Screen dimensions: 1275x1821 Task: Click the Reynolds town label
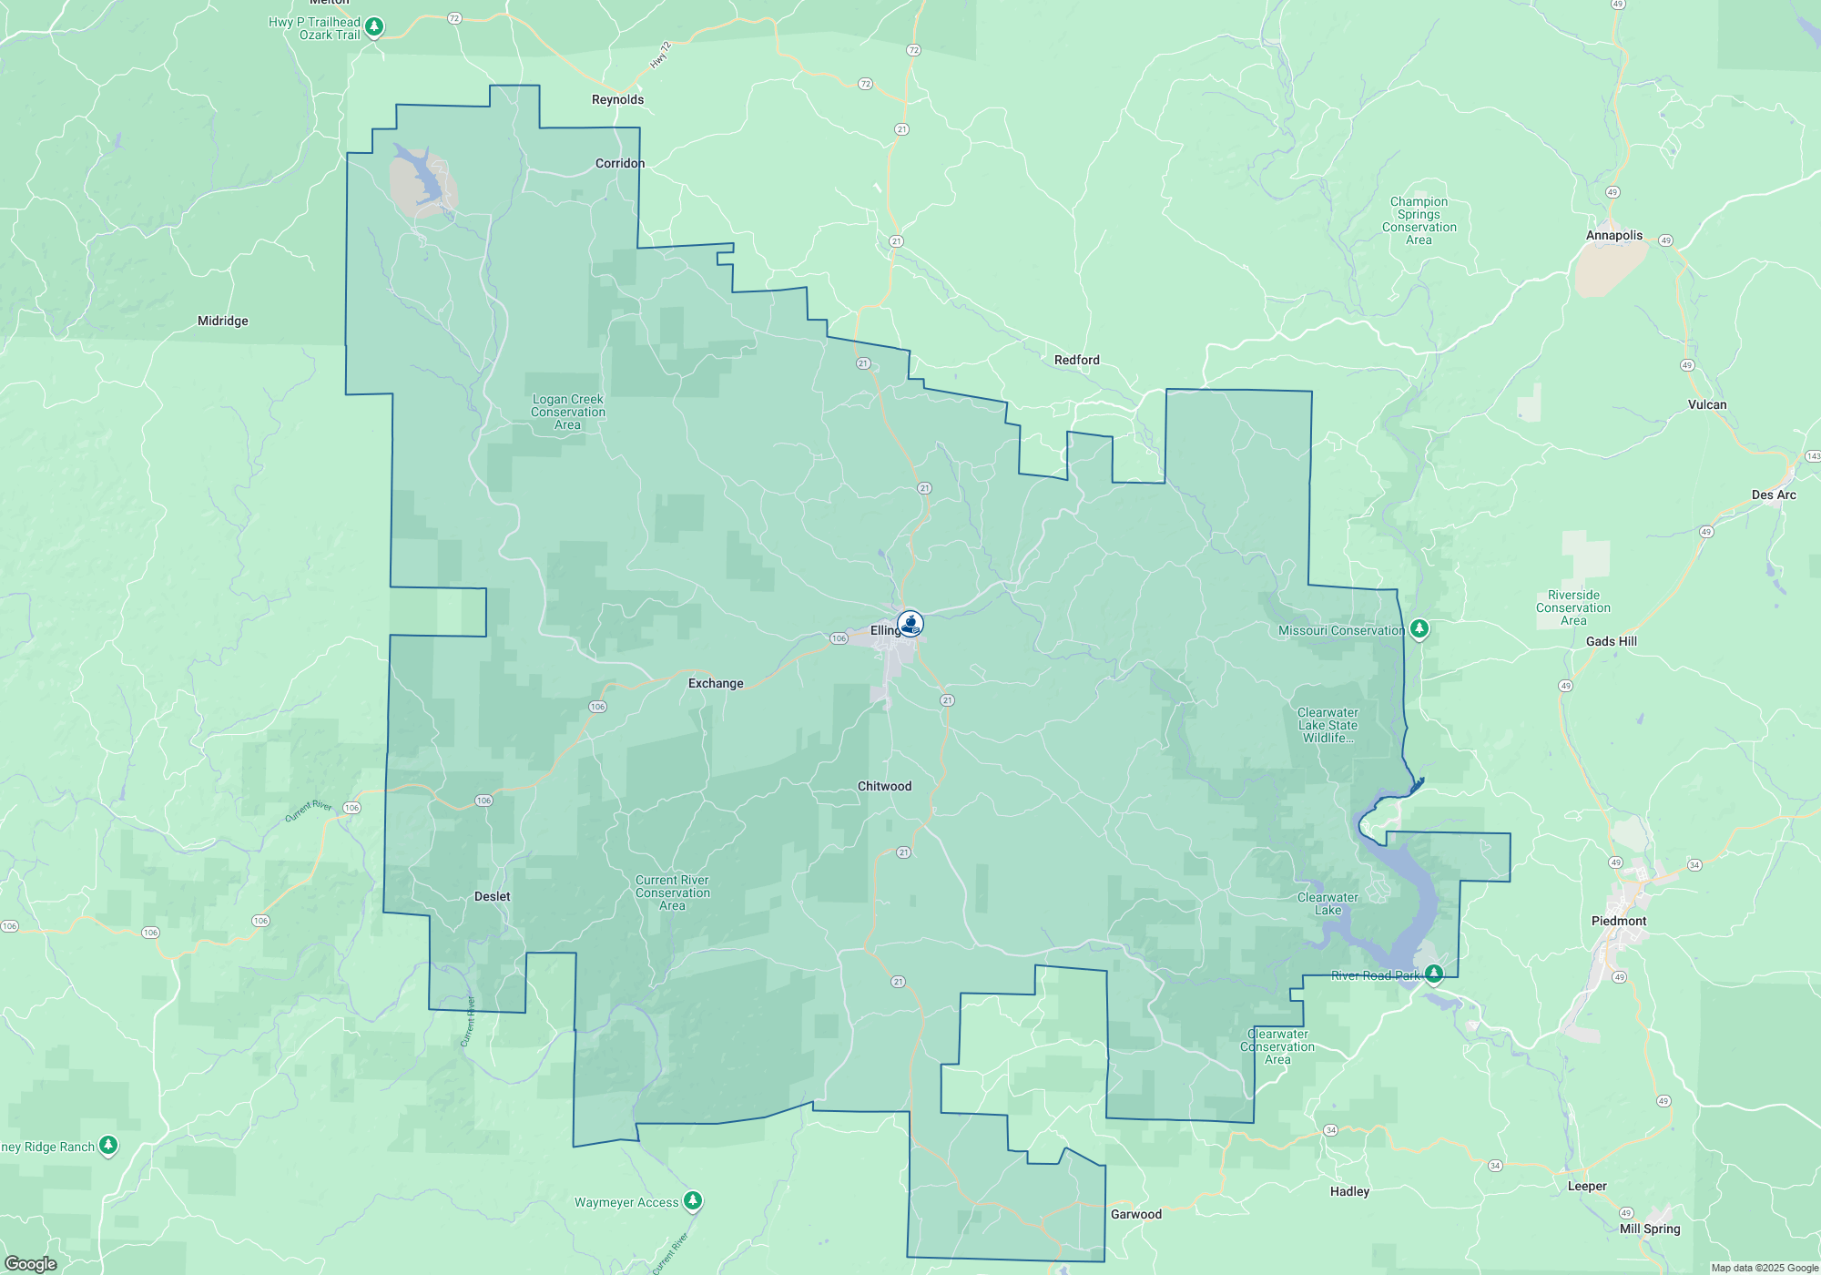point(617,99)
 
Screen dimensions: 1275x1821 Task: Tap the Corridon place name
point(619,163)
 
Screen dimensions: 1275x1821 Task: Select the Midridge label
point(222,321)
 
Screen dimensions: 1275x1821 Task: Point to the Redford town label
point(1076,360)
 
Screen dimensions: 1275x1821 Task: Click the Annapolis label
point(1613,235)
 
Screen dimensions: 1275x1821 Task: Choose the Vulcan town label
point(1706,404)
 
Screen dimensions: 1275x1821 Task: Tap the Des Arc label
point(1773,495)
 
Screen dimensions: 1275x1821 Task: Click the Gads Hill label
point(1611,641)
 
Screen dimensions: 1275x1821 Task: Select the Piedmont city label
point(1618,921)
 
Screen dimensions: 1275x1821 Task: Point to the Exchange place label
point(715,683)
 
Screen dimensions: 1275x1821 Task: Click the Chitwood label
point(884,786)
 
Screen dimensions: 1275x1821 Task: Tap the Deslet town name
point(492,896)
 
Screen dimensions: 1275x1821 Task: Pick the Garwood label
point(1135,1214)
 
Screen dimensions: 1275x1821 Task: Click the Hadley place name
point(1348,1191)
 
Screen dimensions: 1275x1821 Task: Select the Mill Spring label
point(1649,1229)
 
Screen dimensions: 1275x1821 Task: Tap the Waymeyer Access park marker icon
point(693,1201)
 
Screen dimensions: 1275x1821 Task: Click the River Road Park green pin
point(1433,974)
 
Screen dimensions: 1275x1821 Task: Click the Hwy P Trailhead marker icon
point(374,27)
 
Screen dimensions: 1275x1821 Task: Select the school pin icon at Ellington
point(910,624)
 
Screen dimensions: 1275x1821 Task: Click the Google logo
point(30,1264)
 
